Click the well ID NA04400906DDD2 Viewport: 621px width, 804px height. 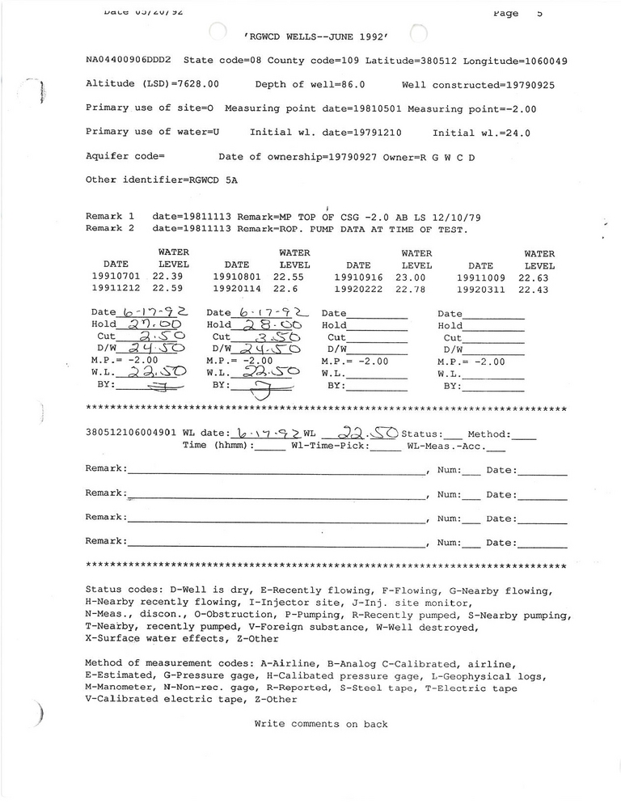(x=130, y=61)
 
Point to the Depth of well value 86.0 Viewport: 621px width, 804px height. (x=350, y=84)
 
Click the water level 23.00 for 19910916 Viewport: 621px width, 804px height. (x=411, y=277)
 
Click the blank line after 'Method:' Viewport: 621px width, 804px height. (x=524, y=434)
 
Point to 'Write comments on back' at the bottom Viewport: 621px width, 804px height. (x=321, y=724)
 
